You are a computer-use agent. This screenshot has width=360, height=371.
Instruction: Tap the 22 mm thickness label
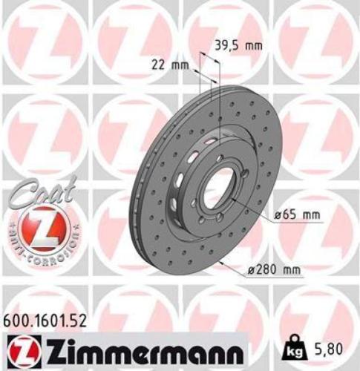click(x=174, y=64)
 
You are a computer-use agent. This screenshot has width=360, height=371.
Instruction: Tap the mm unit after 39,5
click(x=254, y=45)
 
